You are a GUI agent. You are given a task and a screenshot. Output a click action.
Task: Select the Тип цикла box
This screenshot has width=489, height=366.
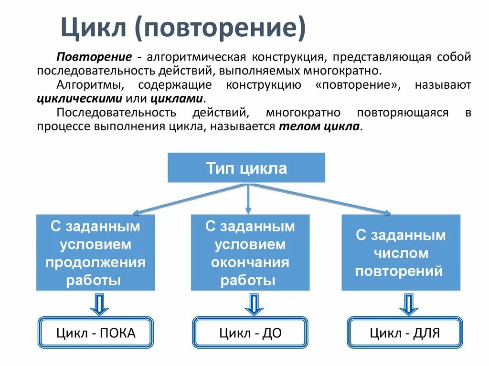(x=246, y=167)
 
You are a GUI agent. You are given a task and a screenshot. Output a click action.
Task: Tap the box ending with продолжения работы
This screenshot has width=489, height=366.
(x=96, y=252)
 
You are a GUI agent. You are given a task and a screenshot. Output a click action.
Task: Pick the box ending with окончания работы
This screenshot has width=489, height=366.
(x=250, y=252)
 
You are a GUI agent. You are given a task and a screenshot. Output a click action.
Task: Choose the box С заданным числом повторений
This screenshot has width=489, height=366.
(x=401, y=253)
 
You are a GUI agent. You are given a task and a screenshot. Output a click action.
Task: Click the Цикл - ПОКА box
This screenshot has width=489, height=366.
(x=96, y=333)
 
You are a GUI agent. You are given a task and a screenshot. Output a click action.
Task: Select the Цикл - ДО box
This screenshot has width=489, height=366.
(x=250, y=333)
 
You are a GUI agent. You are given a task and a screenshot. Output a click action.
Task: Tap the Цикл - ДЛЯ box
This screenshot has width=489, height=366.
(x=404, y=333)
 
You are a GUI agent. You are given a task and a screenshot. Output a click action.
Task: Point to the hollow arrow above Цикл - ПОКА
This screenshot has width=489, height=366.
(x=99, y=304)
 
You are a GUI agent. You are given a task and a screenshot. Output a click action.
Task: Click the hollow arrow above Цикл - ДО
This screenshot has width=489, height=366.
(x=254, y=304)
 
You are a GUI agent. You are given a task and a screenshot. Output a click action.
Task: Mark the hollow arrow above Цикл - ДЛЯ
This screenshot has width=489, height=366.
(x=408, y=304)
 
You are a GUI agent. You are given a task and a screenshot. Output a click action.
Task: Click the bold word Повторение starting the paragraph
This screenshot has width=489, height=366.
(x=94, y=57)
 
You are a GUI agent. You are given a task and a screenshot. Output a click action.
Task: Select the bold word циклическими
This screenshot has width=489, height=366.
(x=79, y=99)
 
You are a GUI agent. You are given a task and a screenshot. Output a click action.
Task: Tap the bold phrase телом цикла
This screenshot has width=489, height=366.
(x=319, y=127)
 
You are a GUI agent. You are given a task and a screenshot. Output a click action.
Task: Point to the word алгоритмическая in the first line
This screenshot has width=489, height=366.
(x=196, y=57)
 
